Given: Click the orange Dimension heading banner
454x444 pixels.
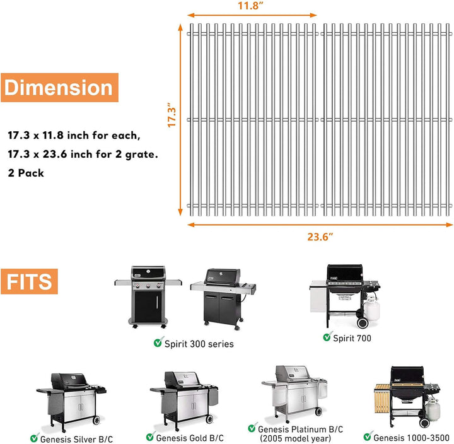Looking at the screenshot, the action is point(60,88).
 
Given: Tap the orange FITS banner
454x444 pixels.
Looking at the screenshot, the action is point(29,281).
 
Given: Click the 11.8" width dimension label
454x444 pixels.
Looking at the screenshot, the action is point(251,6).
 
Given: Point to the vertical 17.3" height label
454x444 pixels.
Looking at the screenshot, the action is point(172,115).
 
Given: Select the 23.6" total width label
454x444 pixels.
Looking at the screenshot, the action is point(320,237).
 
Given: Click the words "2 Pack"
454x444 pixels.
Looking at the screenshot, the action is point(26,173).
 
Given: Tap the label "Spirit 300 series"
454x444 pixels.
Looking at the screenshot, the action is point(199,344).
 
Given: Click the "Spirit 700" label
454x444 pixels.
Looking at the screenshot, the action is point(352,338).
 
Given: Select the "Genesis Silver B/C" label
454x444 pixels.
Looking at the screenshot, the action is point(76,439).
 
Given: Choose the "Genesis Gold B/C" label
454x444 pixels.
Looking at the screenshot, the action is point(190,438).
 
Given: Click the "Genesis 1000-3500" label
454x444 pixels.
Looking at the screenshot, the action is point(411,437).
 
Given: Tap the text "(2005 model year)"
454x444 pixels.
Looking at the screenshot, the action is point(295,438).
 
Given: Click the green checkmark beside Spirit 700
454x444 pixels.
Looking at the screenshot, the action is point(327,337).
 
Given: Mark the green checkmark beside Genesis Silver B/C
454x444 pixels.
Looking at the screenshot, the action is point(35,437).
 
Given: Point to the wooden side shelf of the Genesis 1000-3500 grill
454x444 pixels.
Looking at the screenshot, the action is point(382,399).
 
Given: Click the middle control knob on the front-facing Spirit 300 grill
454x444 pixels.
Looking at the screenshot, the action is point(148,286).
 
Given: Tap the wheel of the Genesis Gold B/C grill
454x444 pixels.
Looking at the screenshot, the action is point(209,419).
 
